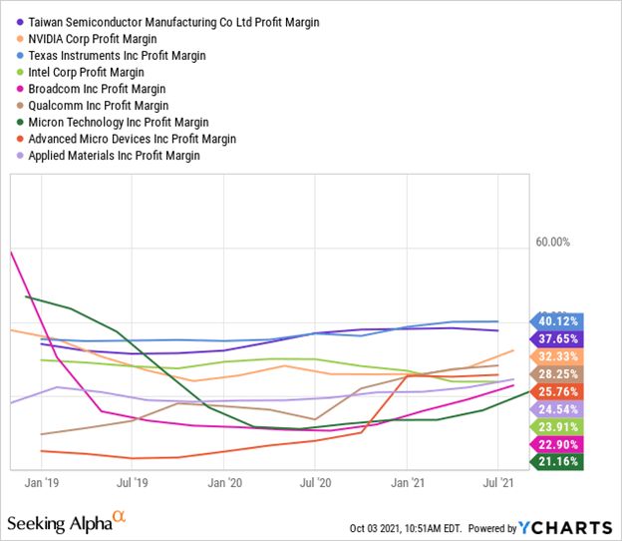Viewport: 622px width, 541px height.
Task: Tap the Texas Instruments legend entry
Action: pyautogui.click(x=124, y=55)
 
